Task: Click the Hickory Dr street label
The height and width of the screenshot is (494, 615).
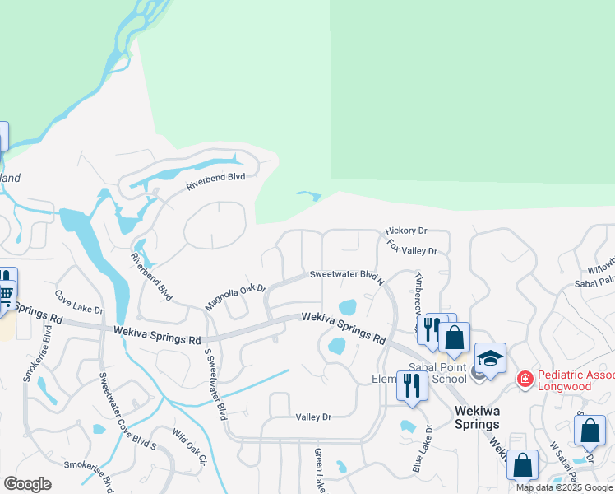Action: point(406,232)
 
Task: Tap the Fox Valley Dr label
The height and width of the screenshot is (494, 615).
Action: point(413,247)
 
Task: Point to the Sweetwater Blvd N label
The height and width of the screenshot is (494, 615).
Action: point(347,277)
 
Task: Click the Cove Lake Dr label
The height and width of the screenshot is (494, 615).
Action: point(79,302)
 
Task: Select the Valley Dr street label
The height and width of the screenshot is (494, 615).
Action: point(313,417)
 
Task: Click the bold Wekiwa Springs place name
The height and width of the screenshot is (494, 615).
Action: point(477,425)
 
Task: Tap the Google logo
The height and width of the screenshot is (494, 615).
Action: point(27,484)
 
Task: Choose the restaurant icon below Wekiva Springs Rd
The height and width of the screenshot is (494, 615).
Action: point(411,384)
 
